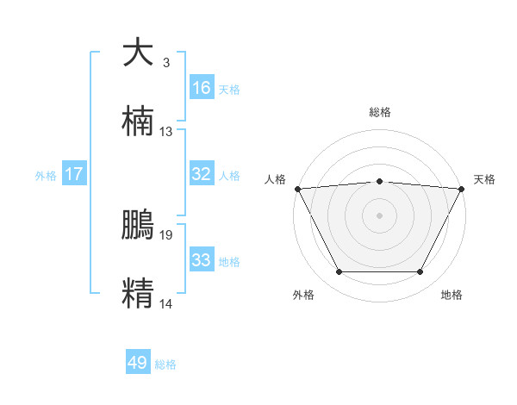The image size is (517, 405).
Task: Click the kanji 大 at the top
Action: pos(139,53)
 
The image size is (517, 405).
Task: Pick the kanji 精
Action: pos(139,292)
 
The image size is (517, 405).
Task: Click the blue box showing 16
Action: pos(202,88)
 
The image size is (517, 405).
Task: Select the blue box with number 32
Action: pos(202,174)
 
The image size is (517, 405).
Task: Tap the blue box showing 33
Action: pos(202,260)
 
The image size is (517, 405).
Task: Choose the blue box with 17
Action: pos(74,174)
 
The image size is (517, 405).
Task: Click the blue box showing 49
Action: pos(138,363)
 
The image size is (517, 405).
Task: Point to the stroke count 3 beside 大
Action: pos(165,63)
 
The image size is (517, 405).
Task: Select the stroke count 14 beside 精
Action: pos(166,303)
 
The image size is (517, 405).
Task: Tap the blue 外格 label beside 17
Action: pos(46,176)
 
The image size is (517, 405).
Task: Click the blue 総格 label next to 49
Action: pos(165,364)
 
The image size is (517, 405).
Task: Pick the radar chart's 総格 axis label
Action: pos(380,112)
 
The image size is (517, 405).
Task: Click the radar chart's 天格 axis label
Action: pos(484,179)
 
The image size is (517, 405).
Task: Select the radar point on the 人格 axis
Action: pos(297,188)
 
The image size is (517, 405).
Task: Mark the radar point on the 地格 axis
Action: pos(420,272)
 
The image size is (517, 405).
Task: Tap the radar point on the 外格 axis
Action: pos(339,272)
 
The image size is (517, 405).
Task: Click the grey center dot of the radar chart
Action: pos(380,215)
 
